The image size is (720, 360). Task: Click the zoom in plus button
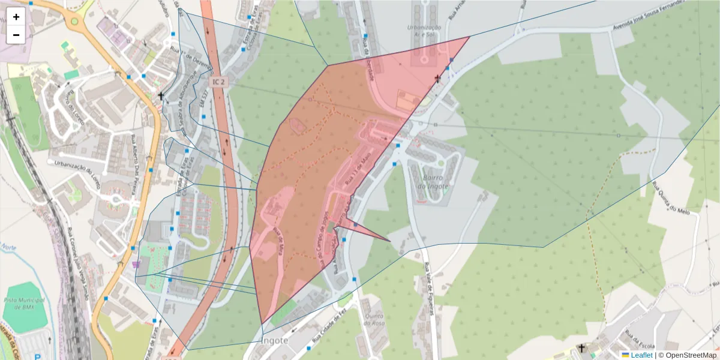[x=16, y=17]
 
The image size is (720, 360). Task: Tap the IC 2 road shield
[x=218, y=80]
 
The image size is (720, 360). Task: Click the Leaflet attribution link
[x=641, y=355]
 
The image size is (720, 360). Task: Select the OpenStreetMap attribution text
[x=689, y=355]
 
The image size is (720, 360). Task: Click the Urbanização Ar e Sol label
[x=424, y=32]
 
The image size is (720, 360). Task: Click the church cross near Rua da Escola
[x=581, y=348]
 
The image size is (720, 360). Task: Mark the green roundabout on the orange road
[x=74, y=22]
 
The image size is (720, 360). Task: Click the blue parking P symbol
[x=37, y=357]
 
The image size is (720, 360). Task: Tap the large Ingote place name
[x=276, y=340]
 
